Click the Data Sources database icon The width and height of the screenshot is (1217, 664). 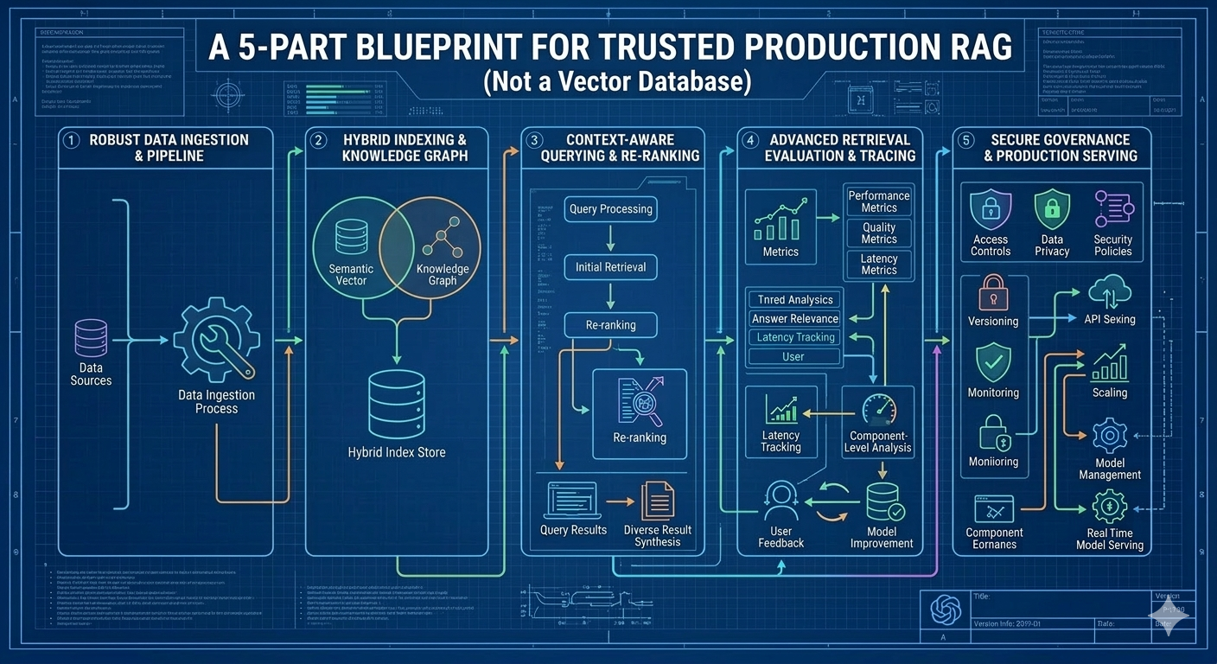pyautogui.click(x=91, y=338)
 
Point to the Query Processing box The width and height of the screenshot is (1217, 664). pyautogui.click(x=610, y=208)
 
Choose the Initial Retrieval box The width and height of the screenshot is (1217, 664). pyautogui.click(x=610, y=267)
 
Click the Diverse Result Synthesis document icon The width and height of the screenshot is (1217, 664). pyautogui.click(x=657, y=501)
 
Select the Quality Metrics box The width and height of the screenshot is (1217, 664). pyautogui.click(x=878, y=233)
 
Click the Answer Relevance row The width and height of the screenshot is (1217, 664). pyautogui.click(x=794, y=318)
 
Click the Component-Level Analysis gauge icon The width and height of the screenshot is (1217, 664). pyautogui.click(x=878, y=407)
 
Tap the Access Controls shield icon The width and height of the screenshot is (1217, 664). pyautogui.click(x=990, y=210)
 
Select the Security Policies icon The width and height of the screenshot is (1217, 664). pyautogui.click(x=1112, y=210)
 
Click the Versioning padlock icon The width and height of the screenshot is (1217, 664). pyautogui.click(x=992, y=293)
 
